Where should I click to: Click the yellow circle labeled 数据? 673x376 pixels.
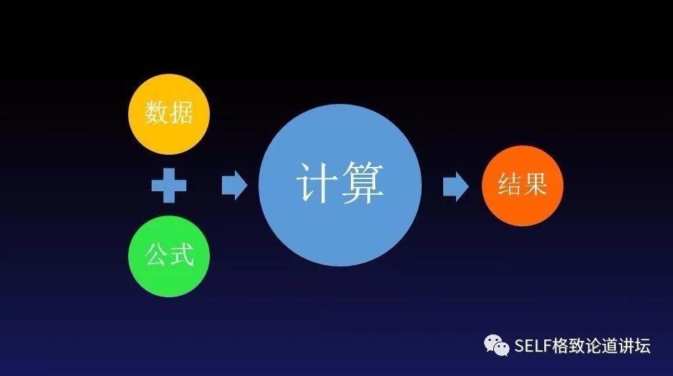(169, 114)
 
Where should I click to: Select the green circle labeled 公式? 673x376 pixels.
(169, 256)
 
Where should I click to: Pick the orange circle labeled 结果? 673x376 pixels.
(523, 185)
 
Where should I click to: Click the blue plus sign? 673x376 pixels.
(169, 186)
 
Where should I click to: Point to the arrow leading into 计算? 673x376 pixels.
(234, 186)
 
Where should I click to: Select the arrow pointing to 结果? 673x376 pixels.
(455, 186)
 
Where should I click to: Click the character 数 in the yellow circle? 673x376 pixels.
(157, 113)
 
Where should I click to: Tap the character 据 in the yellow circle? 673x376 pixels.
(181, 113)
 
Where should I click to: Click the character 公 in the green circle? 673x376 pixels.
(157, 255)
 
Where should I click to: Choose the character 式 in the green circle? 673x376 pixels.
(182, 255)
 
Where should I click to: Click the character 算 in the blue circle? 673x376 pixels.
(364, 184)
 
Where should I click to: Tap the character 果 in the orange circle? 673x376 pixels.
(535, 185)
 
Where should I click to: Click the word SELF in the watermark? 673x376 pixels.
(531, 347)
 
